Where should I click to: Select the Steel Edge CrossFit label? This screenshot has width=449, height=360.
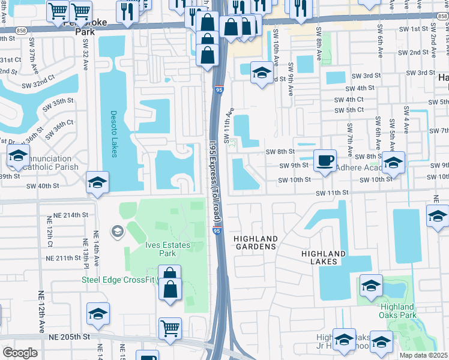118,280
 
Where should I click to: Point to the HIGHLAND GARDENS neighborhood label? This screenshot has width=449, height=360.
255,242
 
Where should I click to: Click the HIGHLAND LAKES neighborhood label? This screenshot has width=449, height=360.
324,258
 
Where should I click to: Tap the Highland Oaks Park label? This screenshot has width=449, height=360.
398,311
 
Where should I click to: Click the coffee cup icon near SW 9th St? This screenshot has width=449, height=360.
325,161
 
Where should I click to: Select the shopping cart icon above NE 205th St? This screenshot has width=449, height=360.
170,328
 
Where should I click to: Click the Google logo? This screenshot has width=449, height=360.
20,353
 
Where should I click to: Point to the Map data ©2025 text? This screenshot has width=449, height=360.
424,355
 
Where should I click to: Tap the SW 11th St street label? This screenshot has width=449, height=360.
333,192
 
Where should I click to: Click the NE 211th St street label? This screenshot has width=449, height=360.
63,258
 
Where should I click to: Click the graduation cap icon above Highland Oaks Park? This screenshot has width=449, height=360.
371,286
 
